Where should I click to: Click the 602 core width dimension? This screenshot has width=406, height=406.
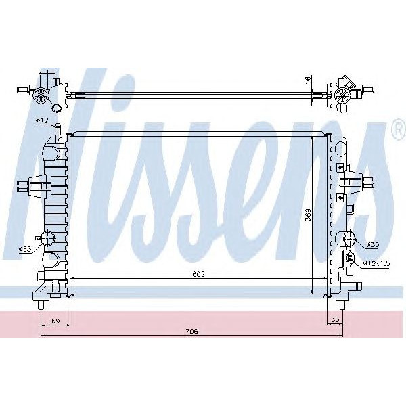pos(198,274)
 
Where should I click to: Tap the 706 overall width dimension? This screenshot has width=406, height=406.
pos(191,331)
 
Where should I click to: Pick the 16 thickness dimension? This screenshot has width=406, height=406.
pos(308,80)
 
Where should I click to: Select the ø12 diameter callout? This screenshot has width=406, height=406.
pos(42,120)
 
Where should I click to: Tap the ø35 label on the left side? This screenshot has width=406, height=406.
pos(25,250)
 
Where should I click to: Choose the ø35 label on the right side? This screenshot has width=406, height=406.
pos(373,245)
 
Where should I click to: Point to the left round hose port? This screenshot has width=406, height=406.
pos(47,239)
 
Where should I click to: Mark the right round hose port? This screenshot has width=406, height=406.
pos(346,239)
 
